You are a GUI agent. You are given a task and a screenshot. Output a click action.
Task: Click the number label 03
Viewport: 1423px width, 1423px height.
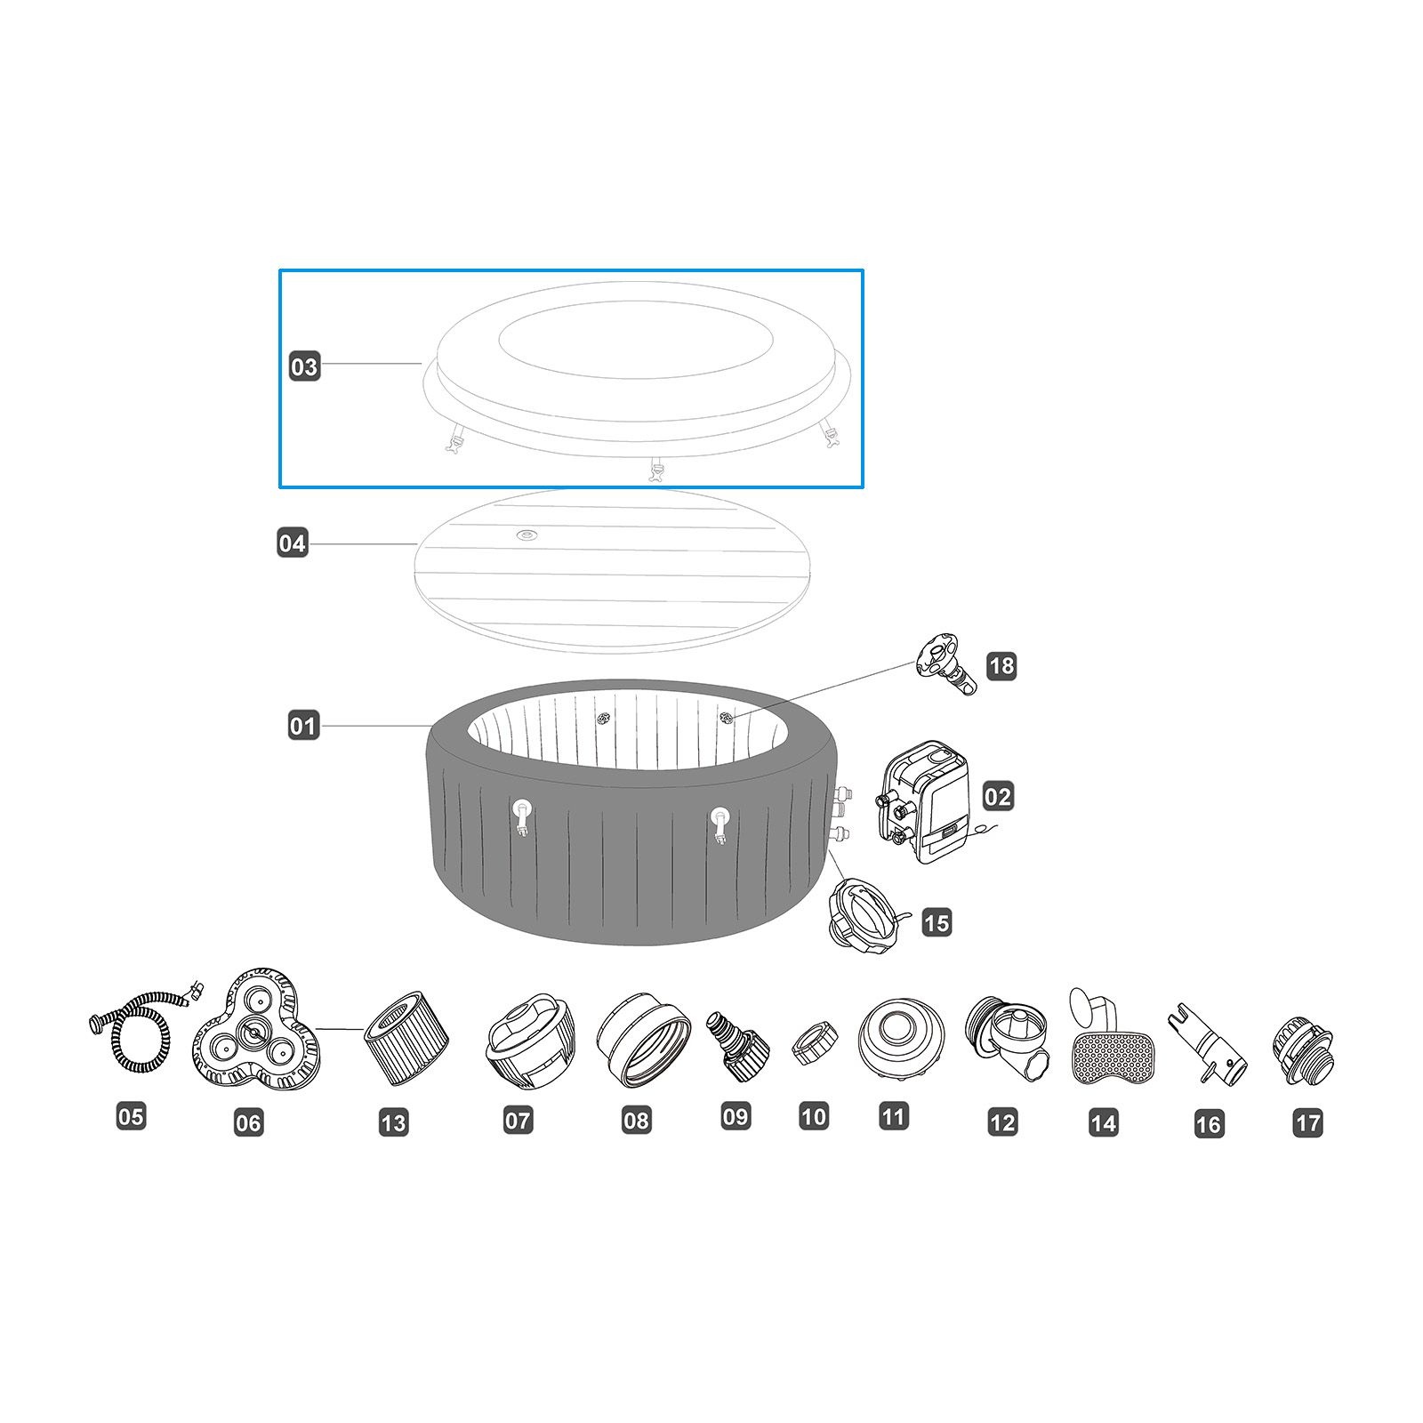click(304, 366)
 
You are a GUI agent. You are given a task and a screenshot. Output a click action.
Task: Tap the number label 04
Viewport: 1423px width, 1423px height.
click(292, 543)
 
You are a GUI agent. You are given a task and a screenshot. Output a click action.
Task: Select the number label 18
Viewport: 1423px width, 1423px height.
click(1001, 665)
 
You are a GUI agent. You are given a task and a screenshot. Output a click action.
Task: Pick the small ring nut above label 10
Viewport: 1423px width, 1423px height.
click(811, 1045)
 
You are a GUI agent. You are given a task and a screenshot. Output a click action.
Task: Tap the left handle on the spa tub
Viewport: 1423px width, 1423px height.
click(522, 816)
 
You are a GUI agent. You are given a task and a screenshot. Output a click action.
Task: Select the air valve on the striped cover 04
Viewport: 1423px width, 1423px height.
click(527, 535)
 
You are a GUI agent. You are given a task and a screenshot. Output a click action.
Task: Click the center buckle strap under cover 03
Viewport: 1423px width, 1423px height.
click(658, 470)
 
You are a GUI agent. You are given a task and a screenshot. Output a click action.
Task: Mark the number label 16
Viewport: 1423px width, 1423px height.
click(1208, 1124)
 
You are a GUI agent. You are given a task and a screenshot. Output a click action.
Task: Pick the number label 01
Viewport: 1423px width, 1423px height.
click(302, 726)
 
